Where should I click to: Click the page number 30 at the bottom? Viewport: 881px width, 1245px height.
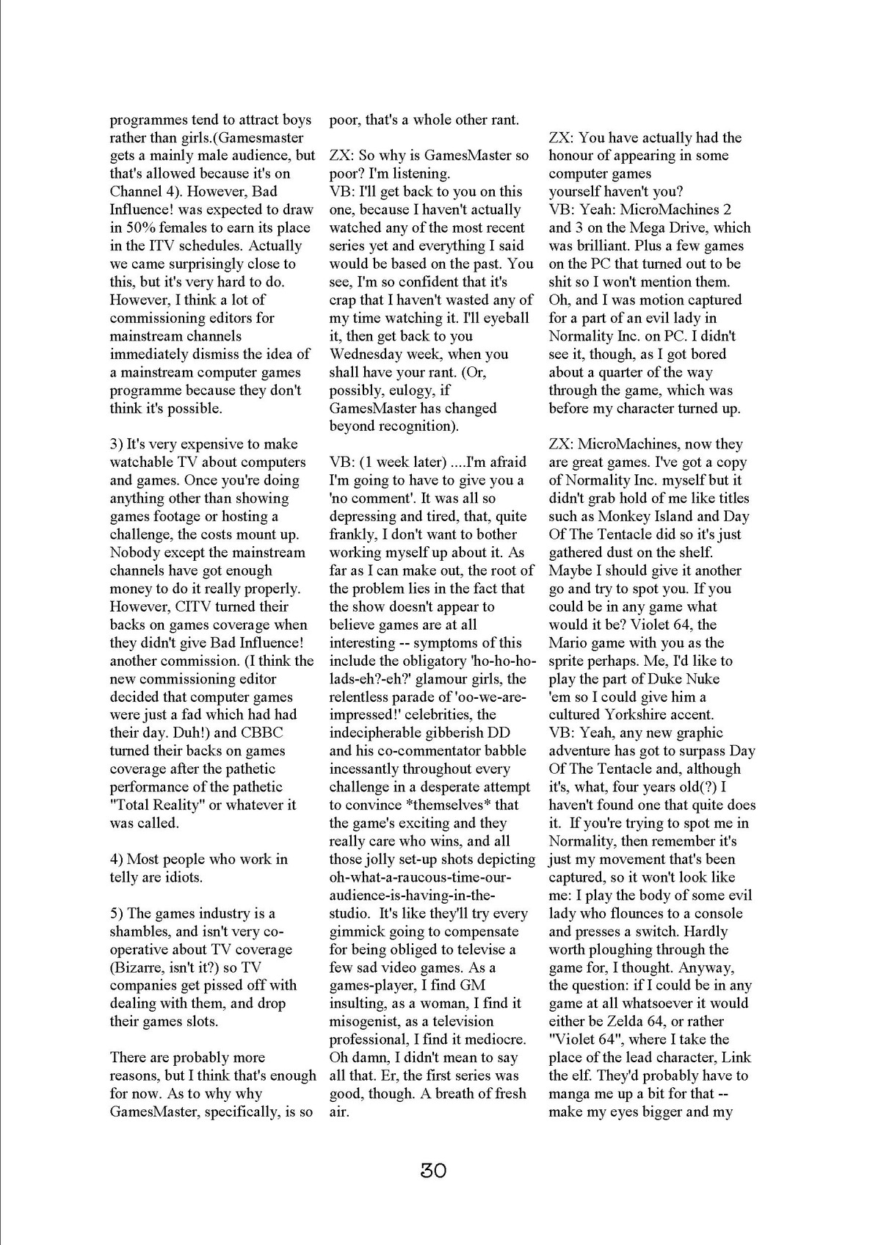tap(433, 1169)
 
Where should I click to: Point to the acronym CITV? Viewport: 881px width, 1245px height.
tap(196, 606)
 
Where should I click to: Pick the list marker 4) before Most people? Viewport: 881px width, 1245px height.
tap(118, 859)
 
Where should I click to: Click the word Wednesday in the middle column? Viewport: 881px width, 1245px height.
tap(366, 354)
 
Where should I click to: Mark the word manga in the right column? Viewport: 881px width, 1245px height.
tap(571, 1094)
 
